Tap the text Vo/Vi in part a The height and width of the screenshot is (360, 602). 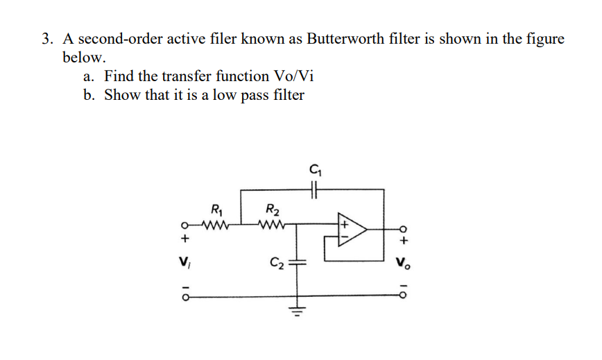(x=300, y=76)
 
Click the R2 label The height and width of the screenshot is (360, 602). (x=271, y=207)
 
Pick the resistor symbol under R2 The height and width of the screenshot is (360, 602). (x=270, y=225)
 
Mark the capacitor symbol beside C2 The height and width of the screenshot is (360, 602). (x=300, y=263)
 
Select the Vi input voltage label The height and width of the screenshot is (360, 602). (x=184, y=264)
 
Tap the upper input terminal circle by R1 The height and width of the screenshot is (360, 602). (x=184, y=225)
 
